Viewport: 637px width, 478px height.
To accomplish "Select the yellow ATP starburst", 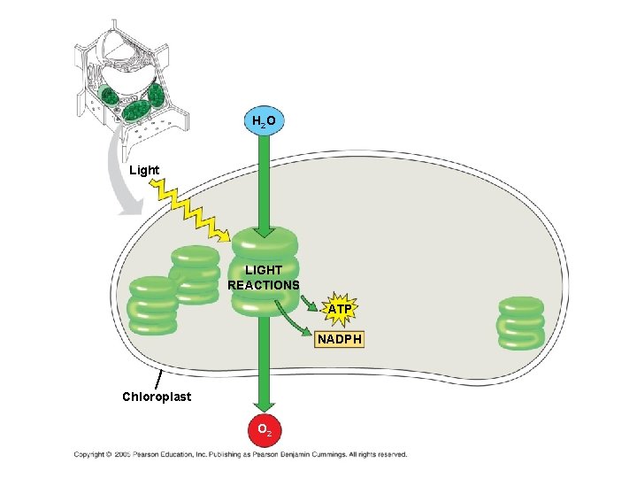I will pyautogui.click(x=340, y=309).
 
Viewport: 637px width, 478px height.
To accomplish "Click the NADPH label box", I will pyautogui.click(x=340, y=339).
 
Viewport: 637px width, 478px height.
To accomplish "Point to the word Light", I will pyautogui.click(x=144, y=170).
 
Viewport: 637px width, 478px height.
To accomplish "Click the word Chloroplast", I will pyautogui.click(x=157, y=397).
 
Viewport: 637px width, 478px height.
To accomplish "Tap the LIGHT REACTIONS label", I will pyautogui.click(x=263, y=277).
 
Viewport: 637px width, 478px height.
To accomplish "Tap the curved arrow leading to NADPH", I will pyautogui.click(x=292, y=320).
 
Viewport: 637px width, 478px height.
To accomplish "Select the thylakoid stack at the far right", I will pyautogui.click(x=521, y=323).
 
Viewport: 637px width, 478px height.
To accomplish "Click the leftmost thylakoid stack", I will pyautogui.click(x=152, y=305).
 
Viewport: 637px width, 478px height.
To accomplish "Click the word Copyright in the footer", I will pyautogui.click(x=89, y=455).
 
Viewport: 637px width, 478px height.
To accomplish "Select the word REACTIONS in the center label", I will pyautogui.click(x=263, y=285).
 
